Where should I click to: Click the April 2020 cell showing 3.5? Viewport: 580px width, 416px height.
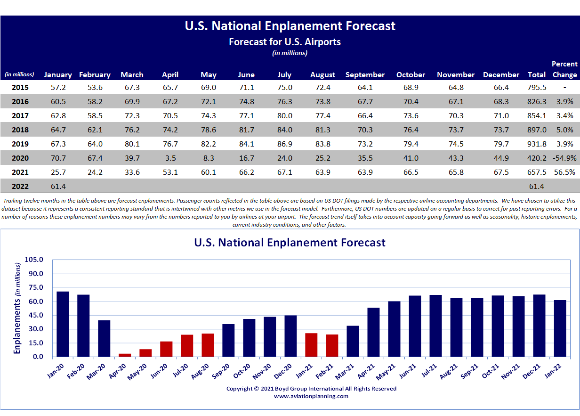coord(170,158)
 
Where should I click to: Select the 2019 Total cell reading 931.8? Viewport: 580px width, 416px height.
coord(537,144)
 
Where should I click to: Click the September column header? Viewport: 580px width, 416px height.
coord(365,75)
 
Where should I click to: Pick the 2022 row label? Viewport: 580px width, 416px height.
coord(20,186)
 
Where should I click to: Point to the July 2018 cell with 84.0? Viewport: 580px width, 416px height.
coord(284,130)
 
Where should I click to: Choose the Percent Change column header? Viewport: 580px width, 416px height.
coord(564,69)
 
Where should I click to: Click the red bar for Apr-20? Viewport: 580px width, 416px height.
coord(125,355)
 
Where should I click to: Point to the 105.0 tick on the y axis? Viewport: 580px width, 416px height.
coord(34,260)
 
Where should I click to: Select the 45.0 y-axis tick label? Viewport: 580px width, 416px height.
coord(35,315)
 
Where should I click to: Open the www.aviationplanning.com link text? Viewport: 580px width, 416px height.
coord(311,396)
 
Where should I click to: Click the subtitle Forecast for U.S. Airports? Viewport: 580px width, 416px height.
coord(285,41)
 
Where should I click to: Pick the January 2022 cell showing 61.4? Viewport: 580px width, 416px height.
coord(57,186)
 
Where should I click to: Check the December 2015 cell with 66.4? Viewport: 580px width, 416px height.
coord(501,87)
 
